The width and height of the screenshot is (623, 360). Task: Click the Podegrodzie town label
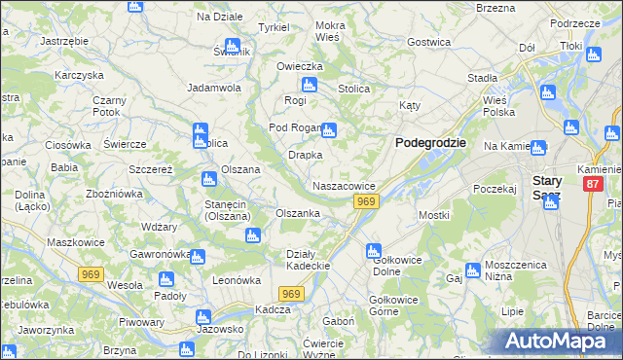click(429, 142)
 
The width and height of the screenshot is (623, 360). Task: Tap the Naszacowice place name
click(344, 185)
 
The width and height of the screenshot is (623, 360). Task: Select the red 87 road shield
click(593, 184)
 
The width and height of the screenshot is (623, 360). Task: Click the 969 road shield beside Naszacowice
click(365, 201)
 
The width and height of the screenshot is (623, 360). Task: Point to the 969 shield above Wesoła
click(92, 274)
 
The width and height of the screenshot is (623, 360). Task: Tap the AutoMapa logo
click(561, 341)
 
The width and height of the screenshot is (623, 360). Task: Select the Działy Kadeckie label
click(310, 260)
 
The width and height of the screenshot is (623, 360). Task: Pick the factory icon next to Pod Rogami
click(330, 129)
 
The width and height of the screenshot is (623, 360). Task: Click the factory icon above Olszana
click(207, 178)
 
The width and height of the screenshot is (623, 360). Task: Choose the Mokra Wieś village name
click(330, 30)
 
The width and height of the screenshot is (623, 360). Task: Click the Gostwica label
click(429, 42)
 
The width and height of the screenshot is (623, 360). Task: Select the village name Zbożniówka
click(115, 194)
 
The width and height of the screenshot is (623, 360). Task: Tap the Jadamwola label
click(214, 87)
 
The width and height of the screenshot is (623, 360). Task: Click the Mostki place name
click(433, 215)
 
